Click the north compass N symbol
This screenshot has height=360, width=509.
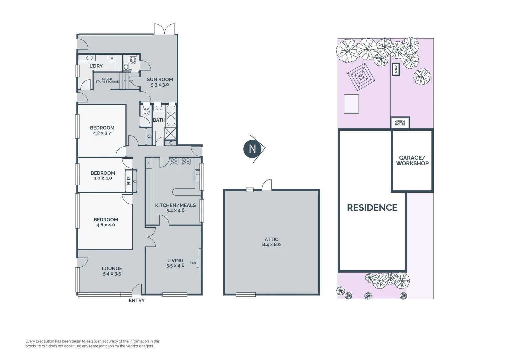pyautogui.click(x=253, y=149)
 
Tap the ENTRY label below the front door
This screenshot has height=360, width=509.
pyautogui.click(x=137, y=300)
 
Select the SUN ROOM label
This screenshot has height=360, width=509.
pyautogui.click(x=160, y=79)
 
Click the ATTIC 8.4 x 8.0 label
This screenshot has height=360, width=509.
pyautogui.click(x=271, y=242)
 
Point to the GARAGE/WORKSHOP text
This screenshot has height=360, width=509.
pyautogui.click(x=412, y=160)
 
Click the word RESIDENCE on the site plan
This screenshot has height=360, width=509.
pyautogui.click(x=372, y=208)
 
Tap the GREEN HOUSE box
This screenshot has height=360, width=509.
pyautogui.click(x=400, y=123)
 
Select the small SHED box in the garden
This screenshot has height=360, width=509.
pyautogui.click(x=396, y=69)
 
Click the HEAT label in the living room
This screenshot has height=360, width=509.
pyautogui.click(x=193, y=263)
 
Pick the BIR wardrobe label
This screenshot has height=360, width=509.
pyautogui.click(x=129, y=181)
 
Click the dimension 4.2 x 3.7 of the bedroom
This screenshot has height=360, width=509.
pyautogui.click(x=102, y=133)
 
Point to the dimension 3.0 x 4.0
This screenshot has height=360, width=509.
pyautogui.click(x=103, y=178)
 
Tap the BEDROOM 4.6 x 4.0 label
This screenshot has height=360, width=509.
pyautogui.click(x=106, y=222)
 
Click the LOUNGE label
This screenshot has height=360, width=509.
pyautogui.click(x=112, y=268)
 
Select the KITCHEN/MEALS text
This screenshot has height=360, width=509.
pyautogui.click(x=175, y=205)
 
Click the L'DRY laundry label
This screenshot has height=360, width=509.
pyautogui.click(x=96, y=66)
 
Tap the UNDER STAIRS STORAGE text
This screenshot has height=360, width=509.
pyautogui.click(x=107, y=80)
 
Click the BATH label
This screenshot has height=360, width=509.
pyautogui.click(x=159, y=120)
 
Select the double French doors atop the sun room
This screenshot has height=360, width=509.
pyautogui.click(x=165, y=29)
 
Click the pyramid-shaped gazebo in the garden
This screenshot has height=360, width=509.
pyautogui.click(x=361, y=77)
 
